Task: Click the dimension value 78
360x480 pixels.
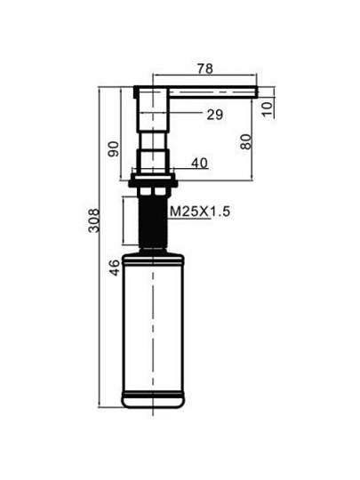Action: coord(205,68)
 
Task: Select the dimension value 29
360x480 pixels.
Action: coord(215,115)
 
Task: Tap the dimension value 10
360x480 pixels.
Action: coord(267,109)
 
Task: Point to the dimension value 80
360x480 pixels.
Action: coord(246,141)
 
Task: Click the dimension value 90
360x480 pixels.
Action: coord(114,148)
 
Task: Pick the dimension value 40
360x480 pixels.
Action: coord(200,164)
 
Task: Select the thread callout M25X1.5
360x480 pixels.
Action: coord(200,212)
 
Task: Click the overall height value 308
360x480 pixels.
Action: coord(93,220)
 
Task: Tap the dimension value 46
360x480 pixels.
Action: coord(114,268)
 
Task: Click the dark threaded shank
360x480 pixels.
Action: coord(153,222)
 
